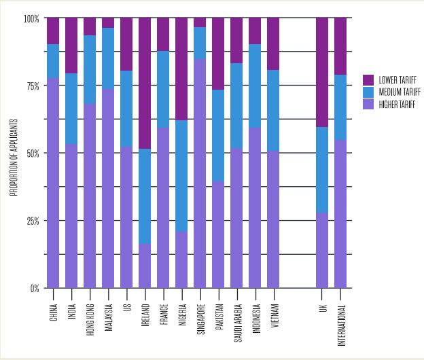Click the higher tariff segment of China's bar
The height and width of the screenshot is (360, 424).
53,183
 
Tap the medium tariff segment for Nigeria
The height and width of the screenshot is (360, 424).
181,177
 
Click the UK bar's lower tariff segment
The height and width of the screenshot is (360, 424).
322,72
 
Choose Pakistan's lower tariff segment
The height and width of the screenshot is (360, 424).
218,54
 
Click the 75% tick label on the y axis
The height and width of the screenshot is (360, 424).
31,86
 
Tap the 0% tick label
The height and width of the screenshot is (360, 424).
34,288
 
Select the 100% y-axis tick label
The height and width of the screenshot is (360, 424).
31,18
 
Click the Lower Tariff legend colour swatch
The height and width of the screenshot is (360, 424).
368,79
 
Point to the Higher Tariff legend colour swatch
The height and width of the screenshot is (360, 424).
368,104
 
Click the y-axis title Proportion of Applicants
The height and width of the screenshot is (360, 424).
13,154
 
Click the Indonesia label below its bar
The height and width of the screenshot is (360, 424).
255,312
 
